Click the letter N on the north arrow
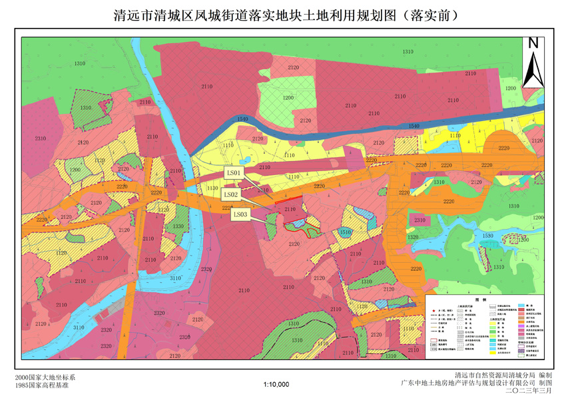point(533,43)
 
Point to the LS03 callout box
point(240,214)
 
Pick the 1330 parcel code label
point(178,226)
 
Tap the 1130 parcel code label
point(212,189)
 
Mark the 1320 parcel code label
point(413,237)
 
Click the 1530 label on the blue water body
point(489,236)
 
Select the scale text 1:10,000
point(276,385)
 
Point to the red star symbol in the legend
point(433,311)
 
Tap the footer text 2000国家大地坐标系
point(41,377)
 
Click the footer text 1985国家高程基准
point(41,385)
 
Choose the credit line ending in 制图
point(477,383)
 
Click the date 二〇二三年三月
point(530,392)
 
